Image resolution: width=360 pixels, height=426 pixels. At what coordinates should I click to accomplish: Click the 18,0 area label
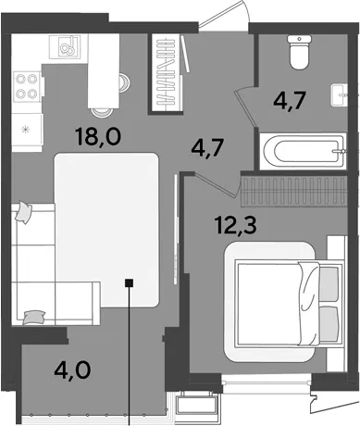coord(98,137)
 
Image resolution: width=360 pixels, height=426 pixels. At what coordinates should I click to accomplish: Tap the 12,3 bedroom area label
coord(236,225)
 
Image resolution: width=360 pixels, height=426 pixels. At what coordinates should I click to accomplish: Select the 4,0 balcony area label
coord(72,370)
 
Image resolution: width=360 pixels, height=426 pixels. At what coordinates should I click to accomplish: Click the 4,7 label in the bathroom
coord(290,101)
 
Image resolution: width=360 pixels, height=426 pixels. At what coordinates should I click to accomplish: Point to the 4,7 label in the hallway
coord(207,148)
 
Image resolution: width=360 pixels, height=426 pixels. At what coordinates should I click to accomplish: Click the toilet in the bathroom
coord(299,52)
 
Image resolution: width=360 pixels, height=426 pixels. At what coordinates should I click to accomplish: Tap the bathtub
coord(303,151)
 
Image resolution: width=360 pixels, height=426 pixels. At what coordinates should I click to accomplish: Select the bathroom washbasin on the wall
coord(339,95)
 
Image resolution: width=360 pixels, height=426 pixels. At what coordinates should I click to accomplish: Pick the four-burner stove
coord(27,86)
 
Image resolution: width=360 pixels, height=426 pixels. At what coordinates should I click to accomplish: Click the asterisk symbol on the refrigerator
coord(26,130)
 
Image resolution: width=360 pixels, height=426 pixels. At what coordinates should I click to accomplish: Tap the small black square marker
coord(129,282)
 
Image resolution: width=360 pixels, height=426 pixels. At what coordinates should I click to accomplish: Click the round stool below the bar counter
coord(101,111)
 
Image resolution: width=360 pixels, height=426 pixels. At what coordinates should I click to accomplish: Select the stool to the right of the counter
coord(124,82)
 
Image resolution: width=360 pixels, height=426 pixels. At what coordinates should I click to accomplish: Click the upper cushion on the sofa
coord(24,212)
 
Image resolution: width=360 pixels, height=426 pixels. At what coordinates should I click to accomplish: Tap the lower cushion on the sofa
coord(34,318)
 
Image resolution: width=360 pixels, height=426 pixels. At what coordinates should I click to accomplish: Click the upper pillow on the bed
coord(329,284)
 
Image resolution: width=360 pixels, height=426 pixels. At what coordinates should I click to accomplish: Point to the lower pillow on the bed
coord(329,324)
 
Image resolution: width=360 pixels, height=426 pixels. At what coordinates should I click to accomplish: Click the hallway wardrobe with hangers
coord(167,72)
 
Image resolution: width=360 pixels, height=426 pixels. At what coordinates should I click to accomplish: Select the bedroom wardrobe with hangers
coord(294,190)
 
